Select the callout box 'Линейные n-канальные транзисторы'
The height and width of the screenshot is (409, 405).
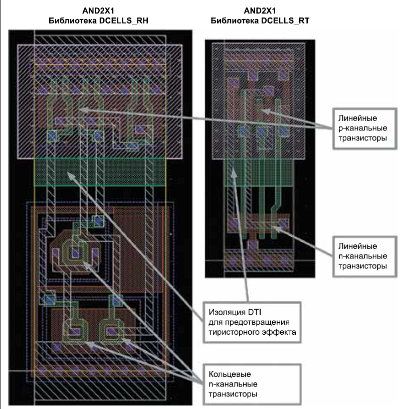click(363, 256)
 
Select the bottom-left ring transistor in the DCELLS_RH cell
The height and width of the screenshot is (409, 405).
click(75, 331)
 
